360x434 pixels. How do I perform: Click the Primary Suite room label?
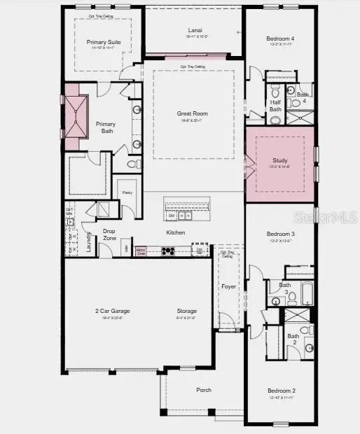click(x=104, y=42)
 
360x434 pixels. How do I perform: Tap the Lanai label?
click(x=195, y=30)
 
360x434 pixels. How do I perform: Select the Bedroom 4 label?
click(x=280, y=38)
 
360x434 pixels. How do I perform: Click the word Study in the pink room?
click(x=279, y=160)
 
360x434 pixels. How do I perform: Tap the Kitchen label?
click(x=175, y=232)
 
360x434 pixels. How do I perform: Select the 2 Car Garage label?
click(x=113, y=311)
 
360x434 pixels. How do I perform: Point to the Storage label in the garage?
click(x=187, y=311)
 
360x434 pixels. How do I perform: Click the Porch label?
click(x=204, y=390)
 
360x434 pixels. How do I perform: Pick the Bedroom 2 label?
click(x=281, y=391)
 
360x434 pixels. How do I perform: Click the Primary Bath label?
click(x=106, y=127)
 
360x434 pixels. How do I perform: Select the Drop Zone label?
click(x=109, y=234)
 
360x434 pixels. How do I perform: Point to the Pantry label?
click(x=127, y=192)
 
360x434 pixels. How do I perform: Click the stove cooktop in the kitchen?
click(x=168, y=250)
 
